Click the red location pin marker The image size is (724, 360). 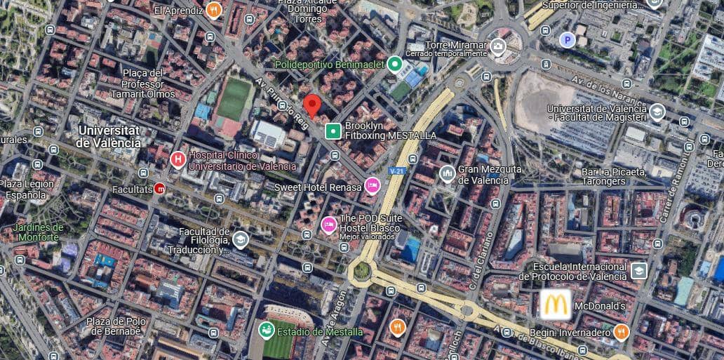point(312,106)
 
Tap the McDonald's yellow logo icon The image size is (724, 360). point(554,306)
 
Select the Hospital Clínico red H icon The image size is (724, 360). point(178,159)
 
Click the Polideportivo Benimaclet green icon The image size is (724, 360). point(395,65)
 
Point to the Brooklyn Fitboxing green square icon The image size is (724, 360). point(333,131)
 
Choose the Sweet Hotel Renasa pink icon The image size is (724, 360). point(373,186)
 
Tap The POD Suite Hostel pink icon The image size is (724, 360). point(328,224)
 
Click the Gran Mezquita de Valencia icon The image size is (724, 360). point(447,173)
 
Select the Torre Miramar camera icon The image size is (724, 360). point(498,47)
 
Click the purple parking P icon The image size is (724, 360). point(567,40)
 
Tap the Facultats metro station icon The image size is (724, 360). point(159,188)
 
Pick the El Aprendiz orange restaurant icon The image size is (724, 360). point(214,11)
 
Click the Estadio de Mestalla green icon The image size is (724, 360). point(266,330)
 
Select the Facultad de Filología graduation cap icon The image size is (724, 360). point(241,240)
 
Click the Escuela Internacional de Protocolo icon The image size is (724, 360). point(638,270)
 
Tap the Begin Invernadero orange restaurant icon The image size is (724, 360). point(621,332)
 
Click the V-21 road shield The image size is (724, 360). point(397,171)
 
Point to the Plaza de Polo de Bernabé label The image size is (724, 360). point(116,326)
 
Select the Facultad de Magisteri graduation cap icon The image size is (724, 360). point(657,112)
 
